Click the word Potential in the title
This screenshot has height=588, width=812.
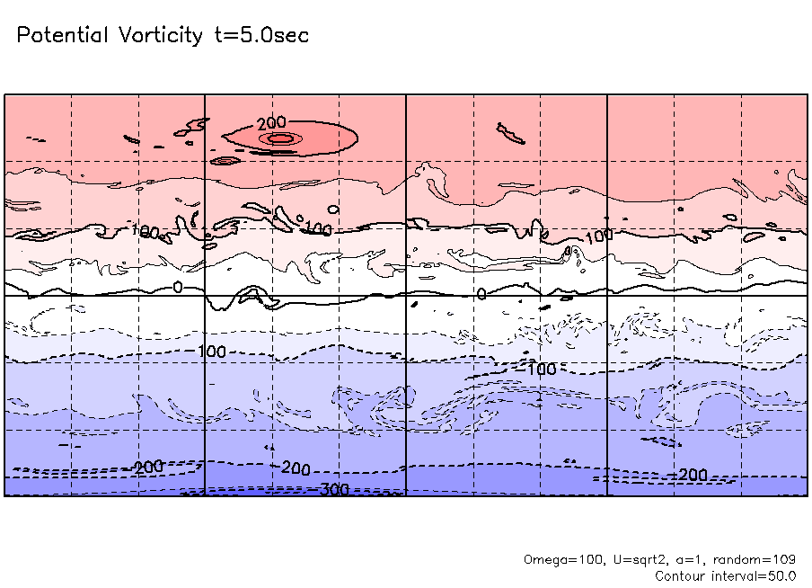click(63, 36)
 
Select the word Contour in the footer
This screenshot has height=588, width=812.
click(680, 575)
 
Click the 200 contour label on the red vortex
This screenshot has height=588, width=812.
click(270, 123)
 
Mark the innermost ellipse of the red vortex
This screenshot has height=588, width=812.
click(280, 138)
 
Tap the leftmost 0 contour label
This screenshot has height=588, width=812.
click(177, 287)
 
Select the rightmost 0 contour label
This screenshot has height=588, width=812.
click(481, 293)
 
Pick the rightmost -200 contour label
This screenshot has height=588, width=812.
click(690, 475)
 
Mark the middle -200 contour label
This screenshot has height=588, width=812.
click(294, 468)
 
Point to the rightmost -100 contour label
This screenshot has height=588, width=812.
click(539, 370)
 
